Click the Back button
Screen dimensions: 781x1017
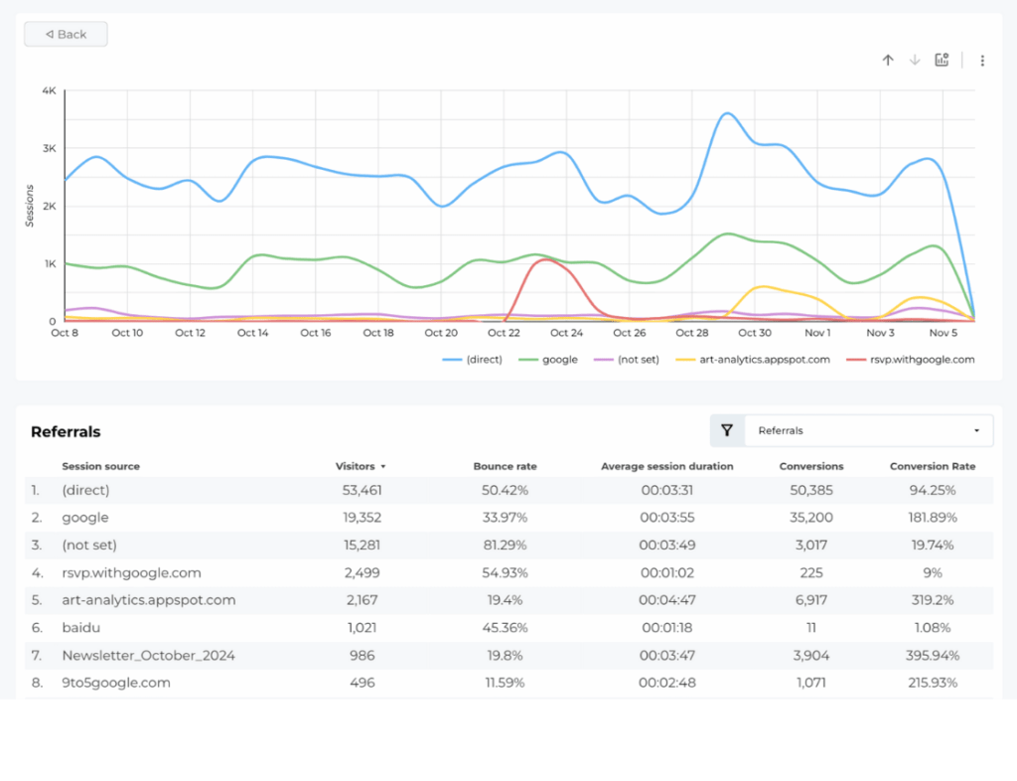click(66, 34)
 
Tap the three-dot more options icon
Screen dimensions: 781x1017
click(982, 61)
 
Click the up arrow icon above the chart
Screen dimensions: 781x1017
click(888, 61)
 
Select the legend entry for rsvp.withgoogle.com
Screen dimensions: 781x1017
click(909, 360)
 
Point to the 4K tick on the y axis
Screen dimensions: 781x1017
click(49, 91)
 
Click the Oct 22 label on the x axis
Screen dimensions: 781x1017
click(504, 333)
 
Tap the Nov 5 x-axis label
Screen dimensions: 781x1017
click(943, 333)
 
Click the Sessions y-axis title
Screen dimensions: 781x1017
click(31, 206)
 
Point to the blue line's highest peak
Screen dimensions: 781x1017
click(727, 113)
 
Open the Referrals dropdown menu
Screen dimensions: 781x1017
click(868, 430)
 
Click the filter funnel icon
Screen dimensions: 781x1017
click(727, 430)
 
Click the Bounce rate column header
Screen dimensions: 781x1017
click(505, 466)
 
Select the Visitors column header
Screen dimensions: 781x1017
click(359, 466)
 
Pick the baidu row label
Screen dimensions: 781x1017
click(79, 628)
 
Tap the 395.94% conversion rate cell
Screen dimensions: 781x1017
click(933, 656)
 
